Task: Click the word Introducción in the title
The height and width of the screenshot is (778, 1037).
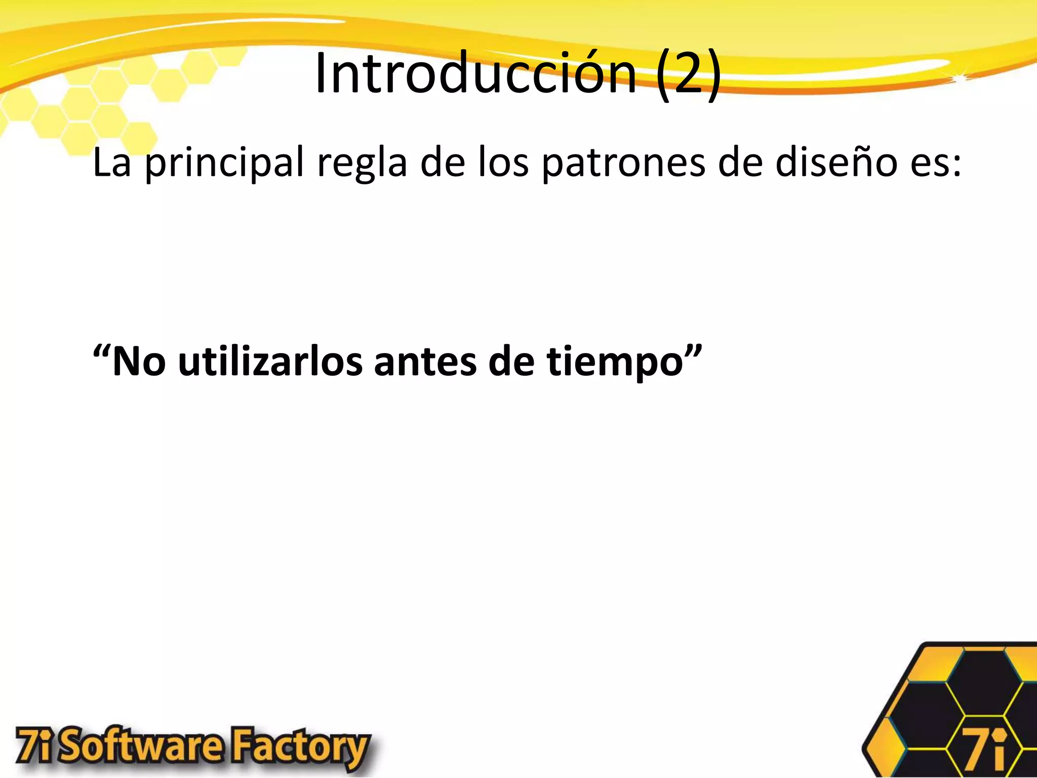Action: tap(475, 74)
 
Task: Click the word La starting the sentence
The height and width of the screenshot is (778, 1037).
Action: tap(112, 163)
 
